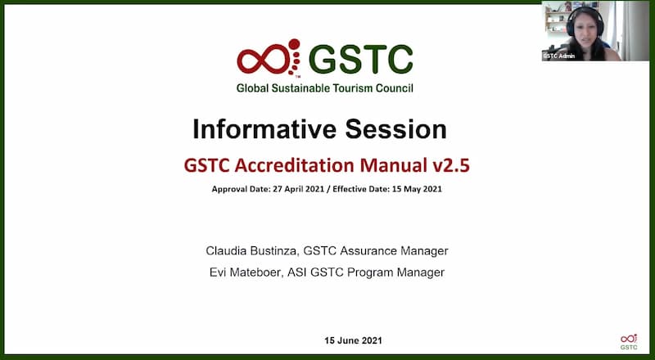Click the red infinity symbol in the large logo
tap(263, 61)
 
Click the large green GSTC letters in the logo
tap(361, 59)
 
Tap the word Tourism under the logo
tap(353, 88)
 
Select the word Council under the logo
tap(395, 88)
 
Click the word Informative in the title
tap(264, 129)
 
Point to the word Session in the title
tap(396, 129)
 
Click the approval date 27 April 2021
tap(299, 189)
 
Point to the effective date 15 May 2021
tap(416, 189)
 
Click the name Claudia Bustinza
tap(252, 251)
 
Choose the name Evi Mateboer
tap(247, 272)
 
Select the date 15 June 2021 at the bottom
tap(353, 340)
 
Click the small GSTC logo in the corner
tap(629, 342)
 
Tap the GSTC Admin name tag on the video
tap(559, 56)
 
